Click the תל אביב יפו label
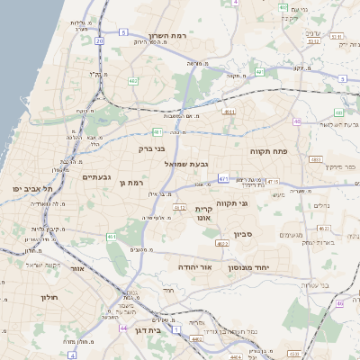tap(31, 188)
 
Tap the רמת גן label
tap(131, 184)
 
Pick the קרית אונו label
tap(203, 213)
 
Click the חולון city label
tap(49, 296)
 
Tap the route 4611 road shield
tap(229, 112)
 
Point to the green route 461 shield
tap(112, 237)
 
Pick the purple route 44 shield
tap(122, 328)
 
